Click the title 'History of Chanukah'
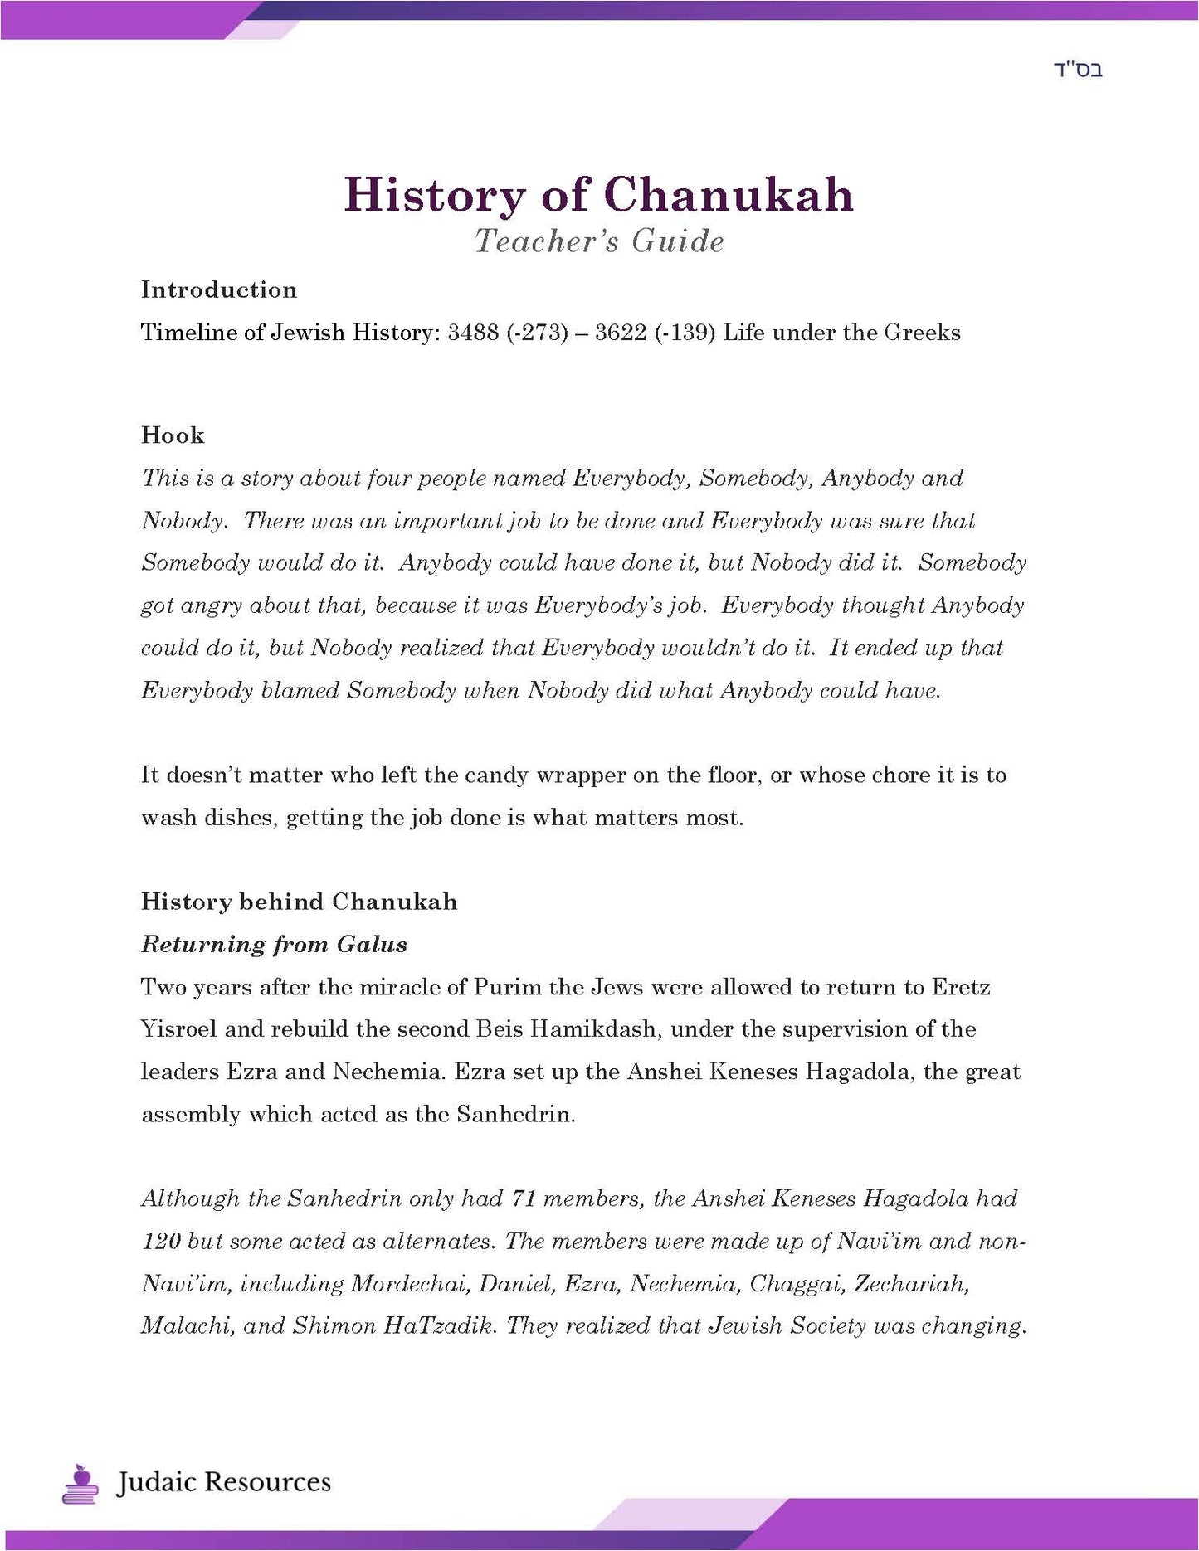point(598,195)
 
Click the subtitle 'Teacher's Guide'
point(599,241)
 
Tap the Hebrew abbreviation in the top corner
point(1078,70)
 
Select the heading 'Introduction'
point(219,289)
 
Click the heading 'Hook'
point(173,435)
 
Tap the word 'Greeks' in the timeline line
point(922,333)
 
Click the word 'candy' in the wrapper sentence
point(496,775)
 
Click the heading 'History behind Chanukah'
point(299,902)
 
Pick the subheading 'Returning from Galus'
point(274,944)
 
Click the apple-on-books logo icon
point(80,1483)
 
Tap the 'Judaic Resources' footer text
point(223,1482)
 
